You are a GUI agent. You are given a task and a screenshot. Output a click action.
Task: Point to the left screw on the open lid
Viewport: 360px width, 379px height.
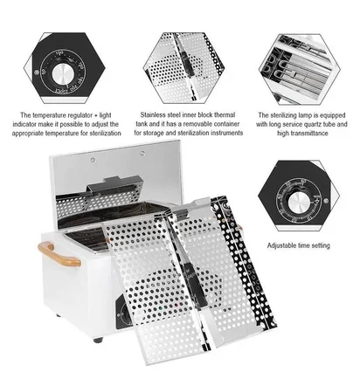click(93, 160)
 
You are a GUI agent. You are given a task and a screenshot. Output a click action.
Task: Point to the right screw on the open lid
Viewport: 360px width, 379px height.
click(142, 153)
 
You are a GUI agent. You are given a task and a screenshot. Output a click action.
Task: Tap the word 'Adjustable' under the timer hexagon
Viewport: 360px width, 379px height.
click(281, 245)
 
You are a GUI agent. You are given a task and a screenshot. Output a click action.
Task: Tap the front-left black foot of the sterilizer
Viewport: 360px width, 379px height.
click(98, 340)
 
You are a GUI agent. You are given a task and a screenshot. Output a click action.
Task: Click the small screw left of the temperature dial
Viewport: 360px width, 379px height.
click(37, 72)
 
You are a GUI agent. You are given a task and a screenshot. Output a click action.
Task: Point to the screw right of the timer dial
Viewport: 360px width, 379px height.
click(326, 200)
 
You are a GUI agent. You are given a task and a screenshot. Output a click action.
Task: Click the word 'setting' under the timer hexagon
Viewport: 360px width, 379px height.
click(320, 245)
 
